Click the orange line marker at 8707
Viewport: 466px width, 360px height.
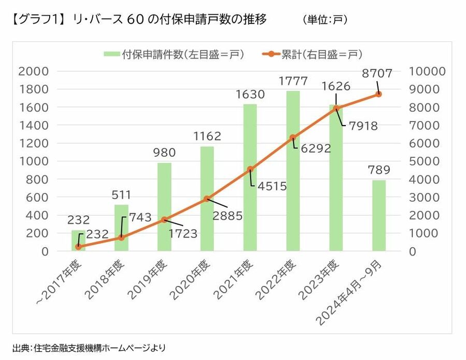point(378,94)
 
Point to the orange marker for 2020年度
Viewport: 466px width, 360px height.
point(207,199)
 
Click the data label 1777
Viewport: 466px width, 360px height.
point(293,81)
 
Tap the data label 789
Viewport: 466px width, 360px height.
point(379,170)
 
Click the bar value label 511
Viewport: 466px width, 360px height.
point(121,195)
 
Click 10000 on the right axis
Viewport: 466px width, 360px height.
point(427,71)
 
